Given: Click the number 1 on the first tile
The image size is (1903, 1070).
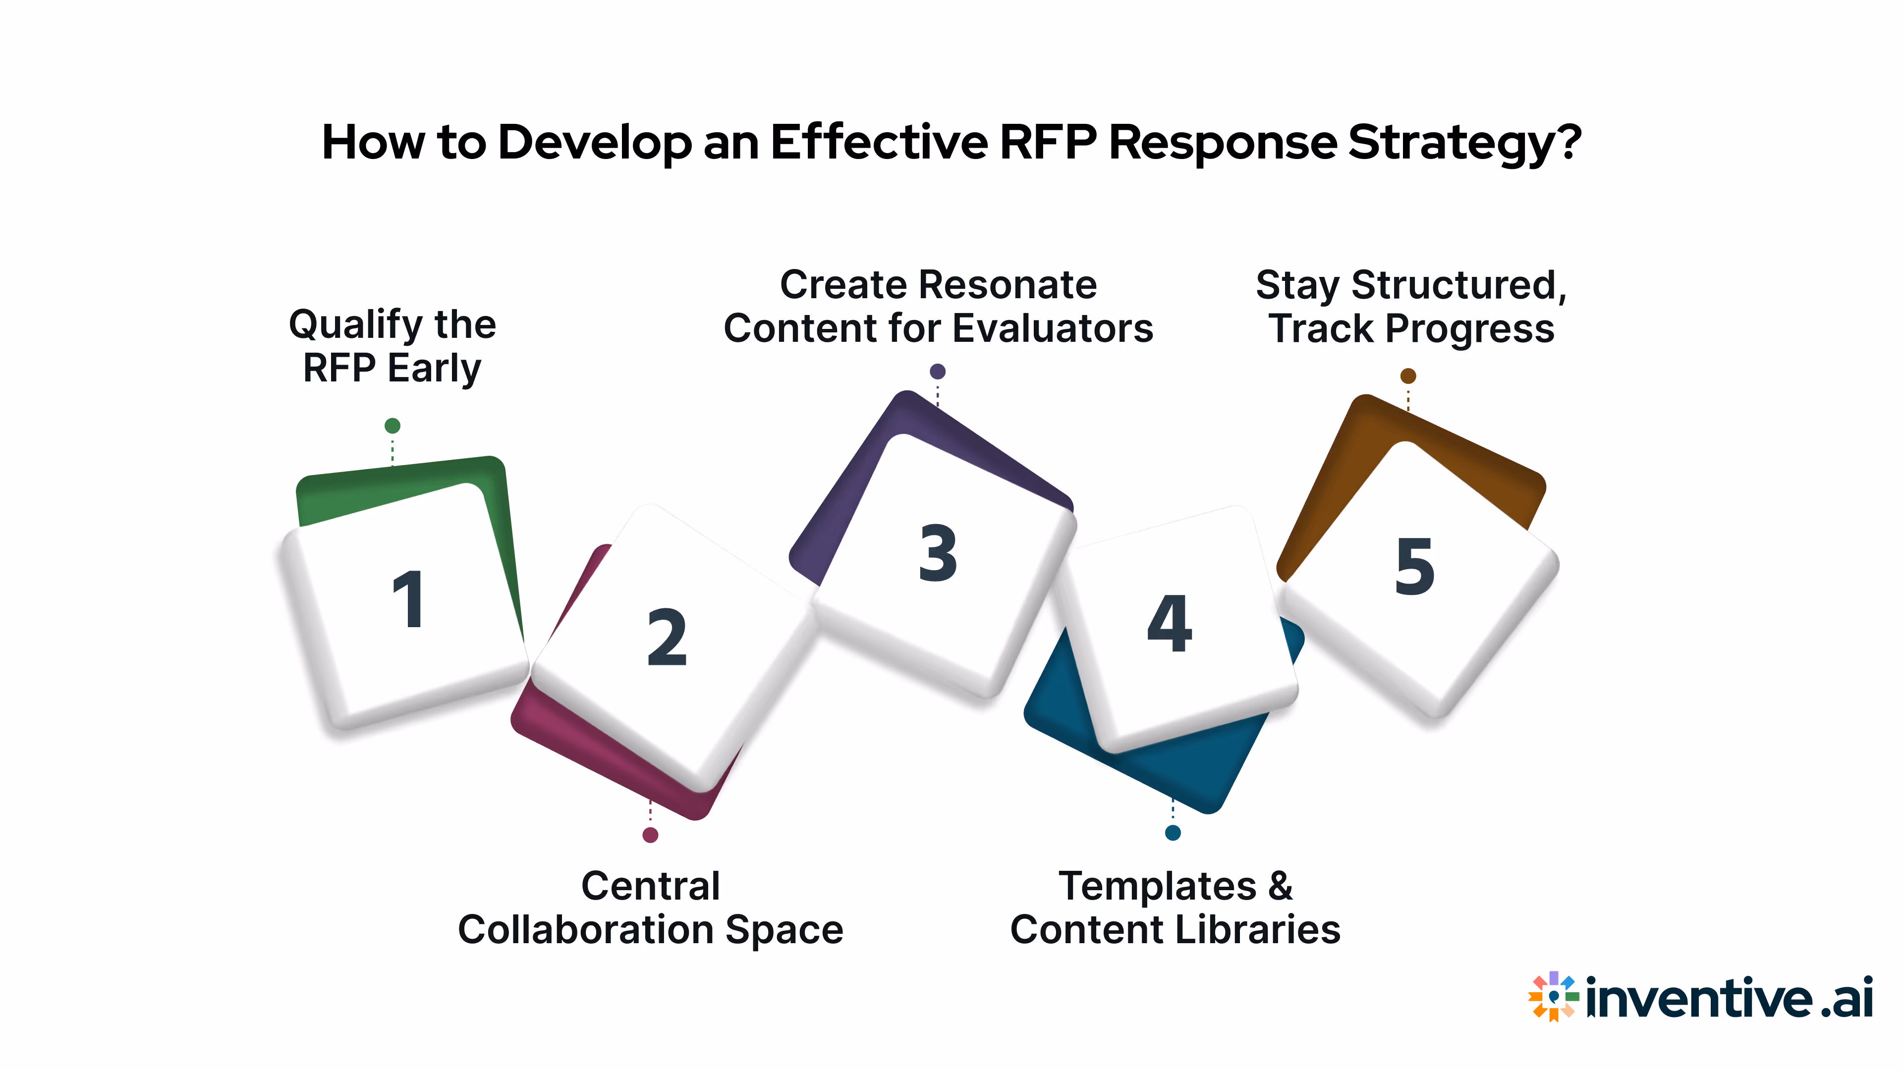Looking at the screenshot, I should (408, 599).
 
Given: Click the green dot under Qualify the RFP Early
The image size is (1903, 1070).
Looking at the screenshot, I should (392, 426).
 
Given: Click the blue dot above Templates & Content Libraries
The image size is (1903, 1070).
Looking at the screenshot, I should (1173, 833).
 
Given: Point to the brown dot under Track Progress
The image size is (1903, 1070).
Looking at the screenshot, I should (1408, 376).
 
